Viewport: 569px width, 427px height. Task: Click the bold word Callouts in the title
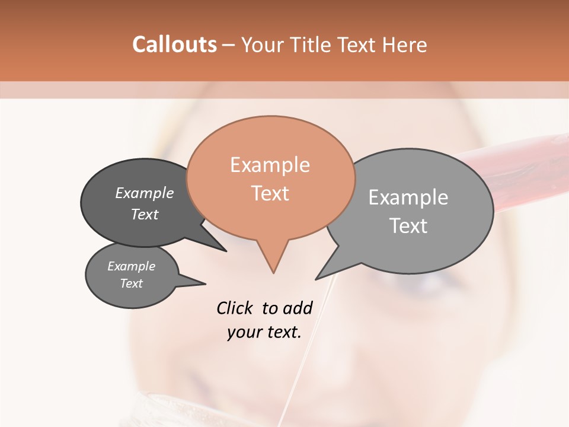[x=174, y=44]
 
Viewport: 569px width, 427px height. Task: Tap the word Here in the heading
[x=404, y=44]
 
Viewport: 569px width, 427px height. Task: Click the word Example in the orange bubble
[x=270, y=165]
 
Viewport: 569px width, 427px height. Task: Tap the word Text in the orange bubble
[x=270, y=193]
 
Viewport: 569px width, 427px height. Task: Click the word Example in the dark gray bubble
[x=145, y=193]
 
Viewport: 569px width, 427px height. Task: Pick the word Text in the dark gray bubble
[x=145, y=214]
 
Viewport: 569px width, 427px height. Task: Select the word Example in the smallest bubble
[x=131, y=266]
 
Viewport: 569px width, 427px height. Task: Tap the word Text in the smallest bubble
[x=131, y=283]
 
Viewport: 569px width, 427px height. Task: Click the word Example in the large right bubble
[x=408, y=197]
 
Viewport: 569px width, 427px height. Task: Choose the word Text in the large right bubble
[x=408, y=226]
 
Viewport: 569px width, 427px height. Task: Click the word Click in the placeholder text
[x=236, y=308]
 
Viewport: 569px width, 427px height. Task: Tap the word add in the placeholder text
[x=298, y=308]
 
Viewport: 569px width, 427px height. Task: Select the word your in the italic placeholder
[x=244, y=333]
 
